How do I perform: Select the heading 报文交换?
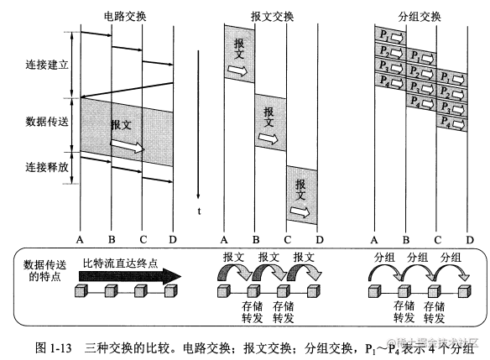click(270, 14)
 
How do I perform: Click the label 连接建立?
click(47, 64)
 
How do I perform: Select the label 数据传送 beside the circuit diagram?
click(47, 120)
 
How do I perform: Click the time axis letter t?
click(199, 211)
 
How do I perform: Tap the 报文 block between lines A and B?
click(239, 55)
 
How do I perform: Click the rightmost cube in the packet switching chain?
click(464, 291)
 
